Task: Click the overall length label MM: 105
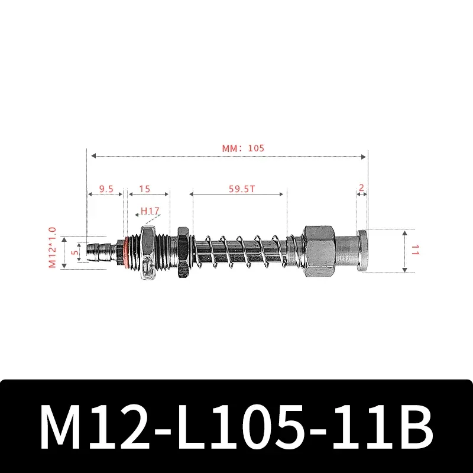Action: (x=243, y=148)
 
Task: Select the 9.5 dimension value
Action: (x=106, y=189)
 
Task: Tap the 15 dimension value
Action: (x=144, y=189)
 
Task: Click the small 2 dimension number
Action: (x=362, y=189)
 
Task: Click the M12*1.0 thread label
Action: (x=52, y=247)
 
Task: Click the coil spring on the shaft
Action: (x=242, y=251)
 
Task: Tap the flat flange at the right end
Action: (x=363, y=251)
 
